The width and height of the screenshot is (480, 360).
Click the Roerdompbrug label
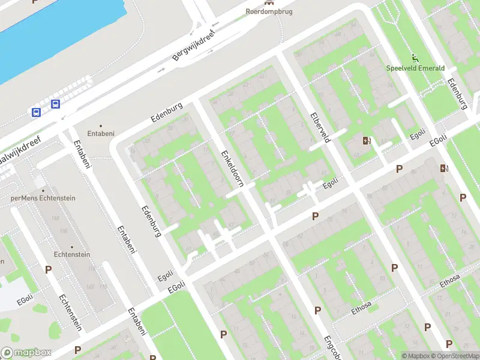[x=269, y=11]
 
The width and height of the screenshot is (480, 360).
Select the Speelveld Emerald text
[x=415, y=68]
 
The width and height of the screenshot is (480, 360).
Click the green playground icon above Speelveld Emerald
[x=415, y=58]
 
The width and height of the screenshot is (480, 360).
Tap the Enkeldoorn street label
[x=231, y=169]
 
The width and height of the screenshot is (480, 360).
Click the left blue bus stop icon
[x=36, y=112]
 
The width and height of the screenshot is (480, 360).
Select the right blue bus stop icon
[x=55, y=104]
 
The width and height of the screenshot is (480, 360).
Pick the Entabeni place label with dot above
[x=101, y=133]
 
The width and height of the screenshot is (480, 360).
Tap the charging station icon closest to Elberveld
[x=367, y=141]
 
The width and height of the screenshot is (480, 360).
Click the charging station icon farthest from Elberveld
[x=444, y=168]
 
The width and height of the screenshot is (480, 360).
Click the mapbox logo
[x=26, y=353]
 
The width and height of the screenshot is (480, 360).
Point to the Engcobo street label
[x=332, y=347]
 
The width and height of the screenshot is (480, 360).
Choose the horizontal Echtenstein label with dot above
[x=72, y=254]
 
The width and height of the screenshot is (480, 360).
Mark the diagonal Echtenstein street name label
[x=70, y=313]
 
